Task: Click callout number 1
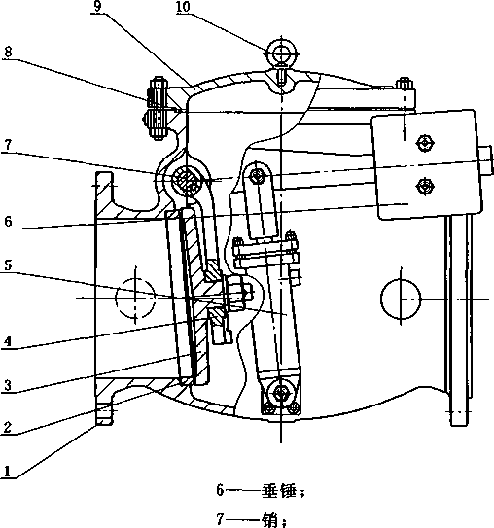[8, 471]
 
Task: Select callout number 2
[8, 427]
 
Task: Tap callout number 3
[8, 385]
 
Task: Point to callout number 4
[8, 341]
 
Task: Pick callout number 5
[8, 265]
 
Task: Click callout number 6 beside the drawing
[8, 222]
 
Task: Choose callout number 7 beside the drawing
[8, 145]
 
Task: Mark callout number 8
[8, 52]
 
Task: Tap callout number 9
[97, 7]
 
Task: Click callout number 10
[183, 7]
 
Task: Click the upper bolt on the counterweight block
[425, 144]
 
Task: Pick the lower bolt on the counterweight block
[425, 186]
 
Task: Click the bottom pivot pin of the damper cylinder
[280, 392]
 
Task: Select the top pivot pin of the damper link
[259, 175]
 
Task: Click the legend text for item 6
[261, 491]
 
